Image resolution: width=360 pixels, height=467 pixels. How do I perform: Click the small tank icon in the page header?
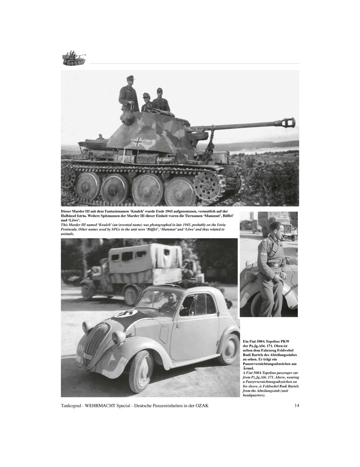tap(74, 58)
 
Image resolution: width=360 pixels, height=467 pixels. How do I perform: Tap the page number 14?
tap(296, 405)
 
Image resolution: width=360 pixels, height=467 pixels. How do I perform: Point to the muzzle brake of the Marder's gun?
tap(288, 123)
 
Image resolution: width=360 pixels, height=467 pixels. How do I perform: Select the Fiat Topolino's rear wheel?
tap(228, 348)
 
